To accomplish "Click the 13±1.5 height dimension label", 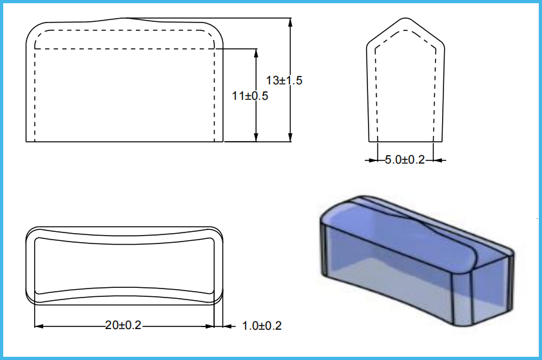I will point(284,81).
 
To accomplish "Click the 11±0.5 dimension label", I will point(250,95).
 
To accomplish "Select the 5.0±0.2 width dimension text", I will point(405,160).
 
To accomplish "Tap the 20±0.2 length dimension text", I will point(123,325).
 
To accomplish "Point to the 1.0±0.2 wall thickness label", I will point(262,325).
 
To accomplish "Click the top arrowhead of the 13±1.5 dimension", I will point(291,21).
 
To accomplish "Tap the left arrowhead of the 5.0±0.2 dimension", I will point(373,160).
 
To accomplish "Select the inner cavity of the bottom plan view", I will point(123,266).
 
